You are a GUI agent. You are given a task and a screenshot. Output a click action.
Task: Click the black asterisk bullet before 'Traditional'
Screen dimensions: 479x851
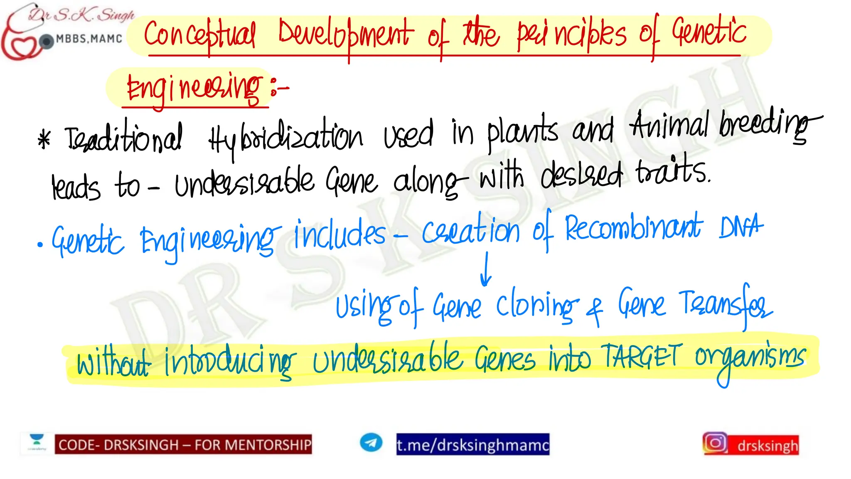(44, 139)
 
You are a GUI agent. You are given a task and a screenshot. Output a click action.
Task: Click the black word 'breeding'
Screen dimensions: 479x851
(765, 125)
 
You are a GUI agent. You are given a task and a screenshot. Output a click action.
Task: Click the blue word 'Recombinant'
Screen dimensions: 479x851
(633, 228)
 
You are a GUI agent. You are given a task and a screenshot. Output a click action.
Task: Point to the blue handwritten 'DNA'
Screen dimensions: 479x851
(741, 227)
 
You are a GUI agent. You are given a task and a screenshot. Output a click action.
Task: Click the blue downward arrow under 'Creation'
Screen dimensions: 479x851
(486, 270)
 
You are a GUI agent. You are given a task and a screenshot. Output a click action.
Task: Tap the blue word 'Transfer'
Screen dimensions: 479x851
(725, 306)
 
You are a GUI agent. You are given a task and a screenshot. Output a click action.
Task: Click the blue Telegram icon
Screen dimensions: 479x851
(371, 442)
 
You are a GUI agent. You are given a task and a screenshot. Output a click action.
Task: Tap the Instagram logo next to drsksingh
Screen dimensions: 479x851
(715, 443)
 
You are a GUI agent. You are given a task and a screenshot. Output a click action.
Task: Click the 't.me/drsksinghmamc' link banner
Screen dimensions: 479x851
(472, 444)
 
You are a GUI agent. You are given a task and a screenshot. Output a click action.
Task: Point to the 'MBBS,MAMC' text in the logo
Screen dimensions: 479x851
(89, 39)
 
